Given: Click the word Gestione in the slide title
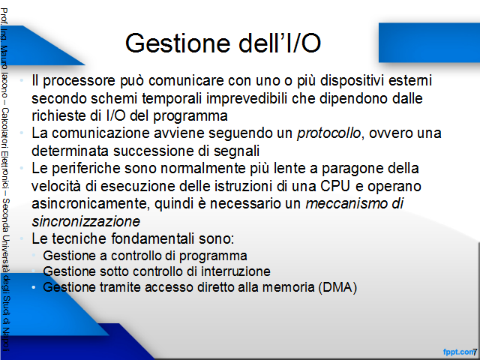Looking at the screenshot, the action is click(178, 43).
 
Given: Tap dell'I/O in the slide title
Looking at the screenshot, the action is click(280, 43).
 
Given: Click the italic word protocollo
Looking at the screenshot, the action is click(328, 133).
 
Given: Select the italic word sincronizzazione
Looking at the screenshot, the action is click(86, 221).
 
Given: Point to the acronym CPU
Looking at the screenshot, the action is click(335, 186).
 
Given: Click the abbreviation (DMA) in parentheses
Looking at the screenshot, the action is click(337, 287).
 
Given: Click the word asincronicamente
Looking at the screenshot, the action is click(91, 204).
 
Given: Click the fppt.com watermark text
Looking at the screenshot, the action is click(458, 352).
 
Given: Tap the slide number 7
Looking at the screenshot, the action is click(475, 352).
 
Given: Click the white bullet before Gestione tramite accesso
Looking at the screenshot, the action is click(34, 287).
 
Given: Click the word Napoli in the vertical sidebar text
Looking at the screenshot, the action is click(5, 340).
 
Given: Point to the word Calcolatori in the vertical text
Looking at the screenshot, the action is click(5, 127).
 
